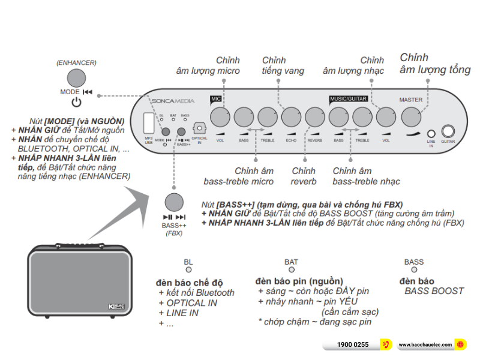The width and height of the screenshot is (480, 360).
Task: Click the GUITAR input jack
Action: pyautogui.click(x=448, y=131)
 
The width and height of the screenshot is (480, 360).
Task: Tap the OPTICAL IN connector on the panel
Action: pyautogui.click(x=200, y=128)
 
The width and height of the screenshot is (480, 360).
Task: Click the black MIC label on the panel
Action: pyautogui.click(x=216, y=98)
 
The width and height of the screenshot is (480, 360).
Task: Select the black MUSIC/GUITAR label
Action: pyautogui.click(x=348, y=98)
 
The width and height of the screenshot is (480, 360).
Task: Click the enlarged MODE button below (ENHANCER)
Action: pyautogui.click(x=76, y=78)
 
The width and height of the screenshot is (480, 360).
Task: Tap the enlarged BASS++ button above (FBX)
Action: pyautogui.click(x=174, y=202)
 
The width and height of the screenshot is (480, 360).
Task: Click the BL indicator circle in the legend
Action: pyautogui.click(x=188, y=270)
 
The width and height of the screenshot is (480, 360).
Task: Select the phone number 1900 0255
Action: pyautogui.click(x=353, y=345)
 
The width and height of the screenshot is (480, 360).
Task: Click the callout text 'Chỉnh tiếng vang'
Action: pyautogui.click(x=283, y=65)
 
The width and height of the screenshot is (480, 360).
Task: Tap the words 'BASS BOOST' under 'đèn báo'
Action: pyautogui.click(x=434, y=291)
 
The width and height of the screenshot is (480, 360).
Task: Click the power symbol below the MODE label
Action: pyautogui.click(x=76, y=102)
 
